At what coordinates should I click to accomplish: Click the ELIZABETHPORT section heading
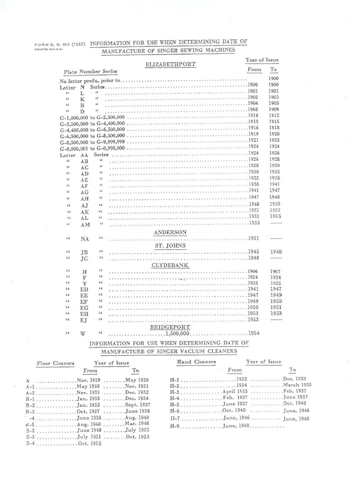pyautogui.click(x=170, y=64)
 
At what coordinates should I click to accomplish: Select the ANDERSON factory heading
pyautogui.click(x=170, y=232)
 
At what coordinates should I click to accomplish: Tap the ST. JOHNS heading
pyautogui.click(x=170, y=246)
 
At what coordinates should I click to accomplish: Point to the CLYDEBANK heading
pyautogui.click(x=170, y=265)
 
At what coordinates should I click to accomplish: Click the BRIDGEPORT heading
pyautogui.click(x=170, y=327)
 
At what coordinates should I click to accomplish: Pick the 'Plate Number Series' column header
pyautogui.click(x=90, y=72)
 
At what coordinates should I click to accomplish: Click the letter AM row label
pyautogui.click(x=85, y=225)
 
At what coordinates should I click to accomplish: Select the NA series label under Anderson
pyautogui.click(x=85, y=239)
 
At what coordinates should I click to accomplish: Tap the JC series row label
pyautogui.click(x=84, y=259)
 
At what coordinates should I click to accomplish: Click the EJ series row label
pyautogui.click(x=84, y=320)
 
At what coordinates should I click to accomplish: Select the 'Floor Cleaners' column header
pyautogui.click(x=56, y=363)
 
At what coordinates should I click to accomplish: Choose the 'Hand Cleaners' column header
pyautogui.click(x=196, y=362)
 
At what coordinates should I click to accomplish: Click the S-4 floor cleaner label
pyautogui.click(x=31, y=443)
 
